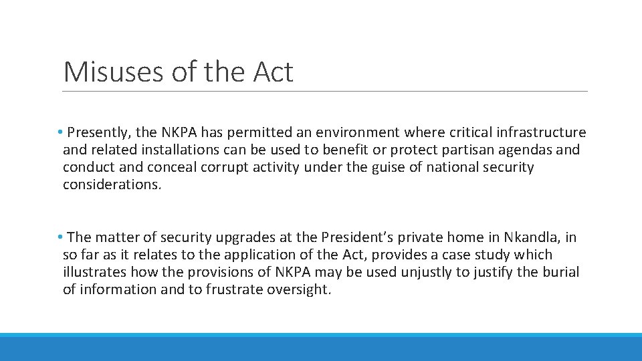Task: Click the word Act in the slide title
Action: [x=273, y=72]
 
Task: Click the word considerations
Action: [x=112, y=185]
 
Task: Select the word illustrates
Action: [x=94, y=272]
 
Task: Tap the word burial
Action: [x=560, y=272]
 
